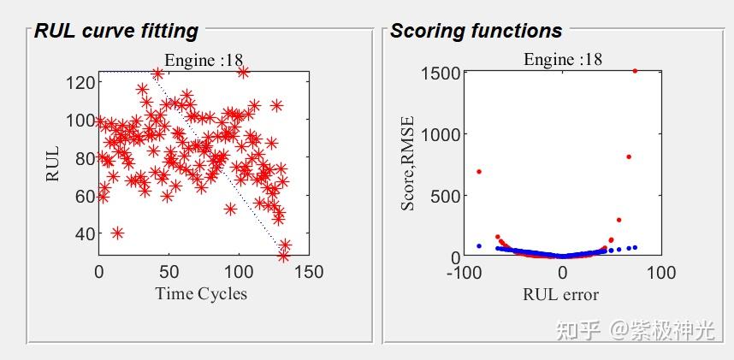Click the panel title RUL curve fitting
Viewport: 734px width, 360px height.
116,32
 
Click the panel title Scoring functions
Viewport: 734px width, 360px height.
476,32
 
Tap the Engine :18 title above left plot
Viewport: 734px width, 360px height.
204,60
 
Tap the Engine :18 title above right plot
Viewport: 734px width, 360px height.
563,60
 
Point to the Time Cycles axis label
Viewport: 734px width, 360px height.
201,294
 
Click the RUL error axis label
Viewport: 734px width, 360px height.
560,295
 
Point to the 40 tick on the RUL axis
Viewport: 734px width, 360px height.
83,233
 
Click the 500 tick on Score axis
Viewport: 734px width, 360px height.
443,196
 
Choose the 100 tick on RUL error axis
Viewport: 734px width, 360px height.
660,273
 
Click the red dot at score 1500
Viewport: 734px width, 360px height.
635,71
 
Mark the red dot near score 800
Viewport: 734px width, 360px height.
629,156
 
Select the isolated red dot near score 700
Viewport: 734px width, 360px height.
479,172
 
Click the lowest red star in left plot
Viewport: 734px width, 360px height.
283,256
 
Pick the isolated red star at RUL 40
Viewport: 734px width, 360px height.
117,233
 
